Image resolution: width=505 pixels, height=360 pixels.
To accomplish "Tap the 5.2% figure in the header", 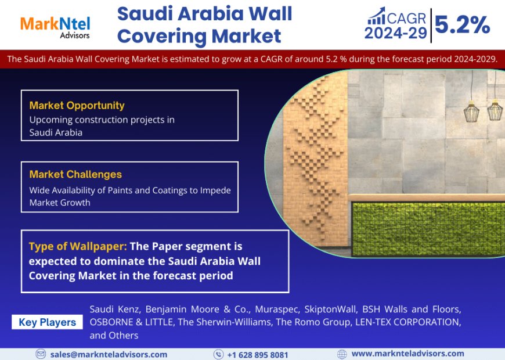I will tap(462, 24).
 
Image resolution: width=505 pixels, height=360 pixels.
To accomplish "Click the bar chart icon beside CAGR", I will tap(376, 16).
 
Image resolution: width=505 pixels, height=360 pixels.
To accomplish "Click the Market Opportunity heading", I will tap(77, 105).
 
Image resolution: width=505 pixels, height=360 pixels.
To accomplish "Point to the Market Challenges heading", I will tap(75, 174).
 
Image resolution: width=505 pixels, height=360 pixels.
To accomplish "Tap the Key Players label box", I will tap(47, 322).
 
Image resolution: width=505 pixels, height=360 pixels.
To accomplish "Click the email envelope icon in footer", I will tap(41, 354).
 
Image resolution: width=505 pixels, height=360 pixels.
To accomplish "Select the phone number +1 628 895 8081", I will tap(257, 354).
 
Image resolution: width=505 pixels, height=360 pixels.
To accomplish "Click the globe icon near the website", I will tap(342, 354).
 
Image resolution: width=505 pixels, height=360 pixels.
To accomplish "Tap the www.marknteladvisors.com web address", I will tap(407, 354).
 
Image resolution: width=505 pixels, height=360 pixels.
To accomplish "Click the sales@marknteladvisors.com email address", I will tap(109, 354).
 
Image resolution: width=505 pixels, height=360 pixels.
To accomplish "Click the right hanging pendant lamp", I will tap(495, 109).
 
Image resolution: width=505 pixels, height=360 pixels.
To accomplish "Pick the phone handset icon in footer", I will tap(218, 354).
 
